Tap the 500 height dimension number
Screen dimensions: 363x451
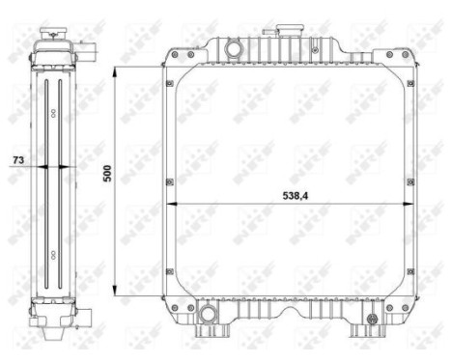[107, 174]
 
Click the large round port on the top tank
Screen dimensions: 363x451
[233, 47]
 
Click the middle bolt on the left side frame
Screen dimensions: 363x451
[169, 181]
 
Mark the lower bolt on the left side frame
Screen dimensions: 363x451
[169, 281]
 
